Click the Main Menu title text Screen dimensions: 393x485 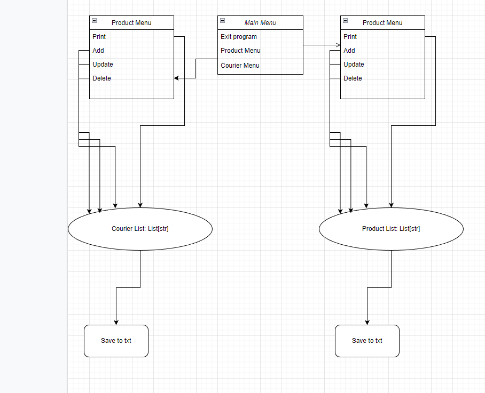click(260, 23)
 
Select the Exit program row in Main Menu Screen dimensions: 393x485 click(239, 37)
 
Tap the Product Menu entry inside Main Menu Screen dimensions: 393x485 click(240, 51)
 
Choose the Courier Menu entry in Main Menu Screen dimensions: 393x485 click(240, 66)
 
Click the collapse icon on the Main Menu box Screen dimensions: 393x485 click(222, 21)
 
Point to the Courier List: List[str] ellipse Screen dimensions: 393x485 click(140, 229)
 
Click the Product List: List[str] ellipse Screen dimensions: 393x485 click(391, 229)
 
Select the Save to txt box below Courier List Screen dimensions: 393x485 click(116, 341)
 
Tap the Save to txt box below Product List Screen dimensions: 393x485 click(367, 341)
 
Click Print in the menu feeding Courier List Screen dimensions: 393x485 click(99, 37)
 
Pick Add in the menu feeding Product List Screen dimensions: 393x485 click(349, 51)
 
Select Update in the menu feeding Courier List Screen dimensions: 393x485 click(103, 65)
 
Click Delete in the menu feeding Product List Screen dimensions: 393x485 click(353, 78)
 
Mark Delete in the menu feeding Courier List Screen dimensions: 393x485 click(101, 78)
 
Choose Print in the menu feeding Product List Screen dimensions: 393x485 click(350, 37)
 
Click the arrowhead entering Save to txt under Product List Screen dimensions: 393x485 click(367, 322)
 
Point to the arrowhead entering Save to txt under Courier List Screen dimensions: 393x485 click(116, 322)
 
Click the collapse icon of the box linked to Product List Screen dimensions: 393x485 click(345, 21)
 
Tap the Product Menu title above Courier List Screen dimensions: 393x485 click(131, 23)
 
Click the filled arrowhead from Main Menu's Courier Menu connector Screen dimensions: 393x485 click(177, 78)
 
